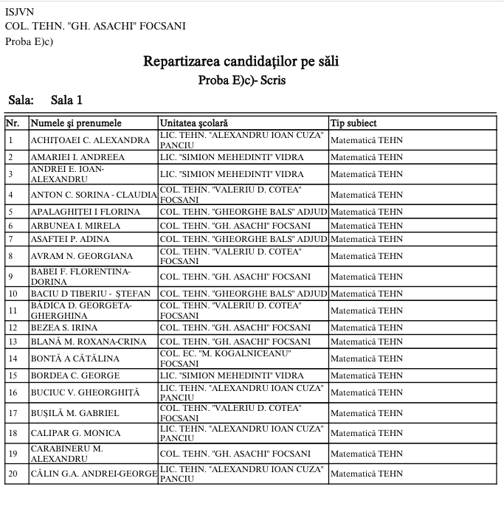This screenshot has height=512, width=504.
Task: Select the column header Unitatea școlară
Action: pyautogui.click(x=195, y=123)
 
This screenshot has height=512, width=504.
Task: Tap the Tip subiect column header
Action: pyautogui.click(x=354, y=123)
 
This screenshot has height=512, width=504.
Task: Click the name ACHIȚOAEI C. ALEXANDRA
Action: pyautogui.click(x=90, y=140)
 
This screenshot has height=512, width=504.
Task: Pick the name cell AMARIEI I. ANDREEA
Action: pyautogui.click(x=77, y=157)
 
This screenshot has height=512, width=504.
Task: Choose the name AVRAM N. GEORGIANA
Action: pyautogui.click(x=81, y=256)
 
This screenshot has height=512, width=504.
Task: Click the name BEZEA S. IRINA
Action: pyautogui.click(x=63, y=328)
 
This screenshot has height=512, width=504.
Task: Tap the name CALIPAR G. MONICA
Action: pyautogui.click(x=75, y=433)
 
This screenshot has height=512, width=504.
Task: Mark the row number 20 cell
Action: pyautogui.click(x=13, y=473)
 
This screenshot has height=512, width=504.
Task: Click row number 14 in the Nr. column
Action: pyautogui.click(x=13, y=359)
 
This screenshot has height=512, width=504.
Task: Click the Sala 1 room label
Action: pyautogui.click(x=67, y=100)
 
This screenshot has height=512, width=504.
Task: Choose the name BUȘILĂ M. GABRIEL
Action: pyautogui.click(x=75, y=413)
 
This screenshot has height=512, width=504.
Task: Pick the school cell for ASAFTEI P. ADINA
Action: pyautogui.click(x=244, y=239)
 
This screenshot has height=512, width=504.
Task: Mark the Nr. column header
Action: pyautogui.click(x=13, y=123)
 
